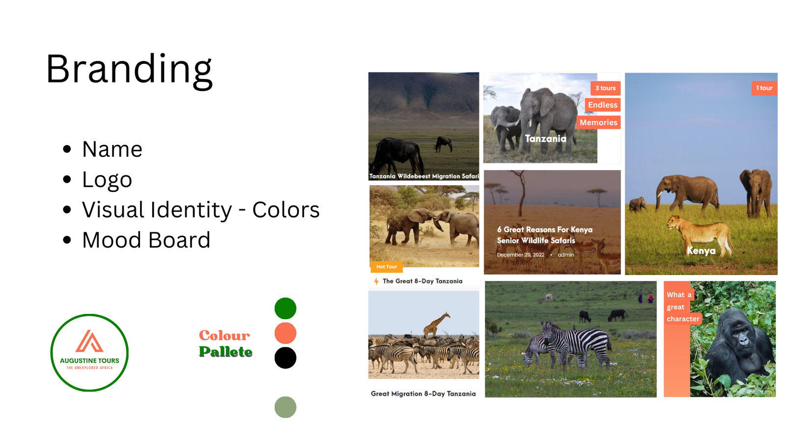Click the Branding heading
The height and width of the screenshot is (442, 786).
tap(129, 70)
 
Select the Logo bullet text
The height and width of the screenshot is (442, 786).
tap(107, 180)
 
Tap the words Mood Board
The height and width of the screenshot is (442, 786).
tap(146, 240)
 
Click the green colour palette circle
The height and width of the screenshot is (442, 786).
tap(285, 308)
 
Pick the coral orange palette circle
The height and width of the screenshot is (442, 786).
tap(285, 333)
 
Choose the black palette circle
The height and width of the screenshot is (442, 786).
tap(285, 358)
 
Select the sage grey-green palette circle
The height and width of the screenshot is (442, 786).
tap(285, 407)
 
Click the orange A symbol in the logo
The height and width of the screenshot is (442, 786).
tap(89, 341)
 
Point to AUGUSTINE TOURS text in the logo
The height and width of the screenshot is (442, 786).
tap(89, 360)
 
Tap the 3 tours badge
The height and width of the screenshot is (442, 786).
tap(605, 88)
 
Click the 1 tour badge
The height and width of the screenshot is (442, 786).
tap(764, 88)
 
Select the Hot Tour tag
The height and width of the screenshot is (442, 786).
tap(387, 267)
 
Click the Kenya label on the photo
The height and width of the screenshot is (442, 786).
tap(701, 251)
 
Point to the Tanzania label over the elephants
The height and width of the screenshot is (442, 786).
tap(546, 139)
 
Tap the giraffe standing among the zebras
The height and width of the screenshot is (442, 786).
tap(436, 325)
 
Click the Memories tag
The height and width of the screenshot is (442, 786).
tap(598, 122)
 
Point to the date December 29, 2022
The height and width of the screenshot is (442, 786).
tap(521, 255)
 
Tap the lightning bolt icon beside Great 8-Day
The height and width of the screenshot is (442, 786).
tap(376, 281)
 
